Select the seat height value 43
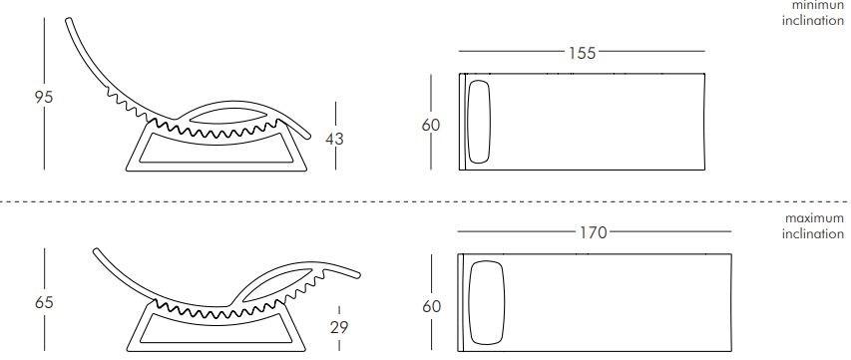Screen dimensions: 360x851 pos(334,139)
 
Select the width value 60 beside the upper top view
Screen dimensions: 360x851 pos(431,125)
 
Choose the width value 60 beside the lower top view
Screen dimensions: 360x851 pos(431,306)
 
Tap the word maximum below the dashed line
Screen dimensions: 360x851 pos(814,217)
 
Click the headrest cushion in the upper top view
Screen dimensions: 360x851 pos(480,120)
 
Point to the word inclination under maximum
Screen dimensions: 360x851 pos(812,233)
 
